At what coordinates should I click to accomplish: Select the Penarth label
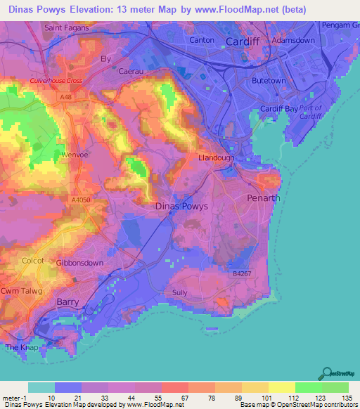coord(264,198)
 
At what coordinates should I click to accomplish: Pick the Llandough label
coord(216,158)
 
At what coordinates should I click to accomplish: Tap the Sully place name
coord(181,292)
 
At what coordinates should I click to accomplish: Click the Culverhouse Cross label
coord(56,81)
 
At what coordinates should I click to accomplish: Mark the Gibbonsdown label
coord(80,262)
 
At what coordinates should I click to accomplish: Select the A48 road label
coord(65,96)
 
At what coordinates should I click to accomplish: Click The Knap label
coord(20,347)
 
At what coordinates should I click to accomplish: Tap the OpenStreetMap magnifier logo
coord(326,373)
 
